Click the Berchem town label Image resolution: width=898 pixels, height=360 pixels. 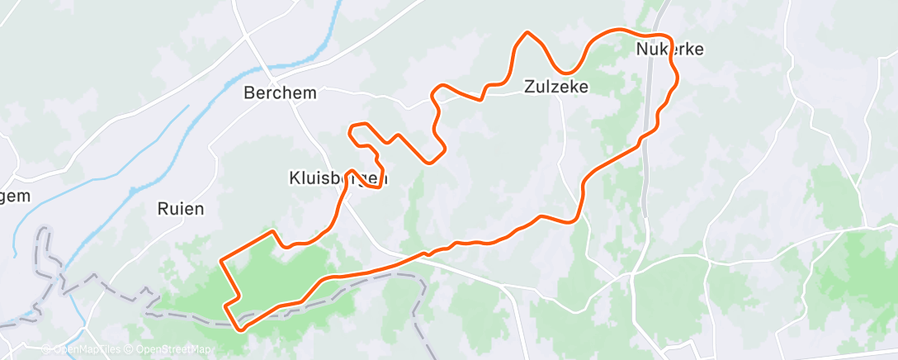280,93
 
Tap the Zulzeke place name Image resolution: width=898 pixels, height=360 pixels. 556,86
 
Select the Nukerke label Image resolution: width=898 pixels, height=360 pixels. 670,50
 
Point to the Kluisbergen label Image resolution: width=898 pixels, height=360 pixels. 338,178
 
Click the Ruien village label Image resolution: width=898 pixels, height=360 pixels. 180,209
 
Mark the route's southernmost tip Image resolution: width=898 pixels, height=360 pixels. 241,329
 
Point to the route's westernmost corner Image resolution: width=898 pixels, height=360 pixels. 221,261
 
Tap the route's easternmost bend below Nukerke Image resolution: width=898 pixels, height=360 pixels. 678,76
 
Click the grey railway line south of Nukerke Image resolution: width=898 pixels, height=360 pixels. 644,190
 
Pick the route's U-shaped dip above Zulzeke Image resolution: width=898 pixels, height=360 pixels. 566,71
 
